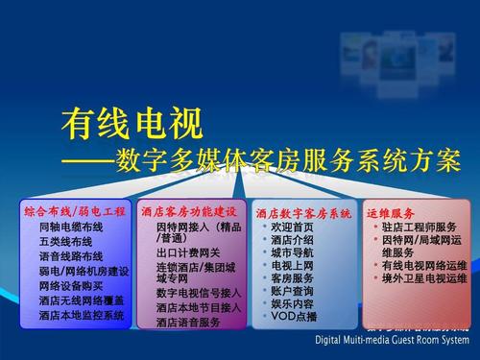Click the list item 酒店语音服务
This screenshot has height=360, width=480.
click(x=187, y=323)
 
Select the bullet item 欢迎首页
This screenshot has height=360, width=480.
click(x=293, y=227)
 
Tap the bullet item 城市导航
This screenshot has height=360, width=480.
click(x=293, y=252)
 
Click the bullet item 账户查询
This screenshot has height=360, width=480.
click(x=293, y=290)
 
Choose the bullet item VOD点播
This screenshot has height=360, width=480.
click(x=294, y=316)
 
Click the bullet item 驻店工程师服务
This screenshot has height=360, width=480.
click(x=419, y=227)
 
